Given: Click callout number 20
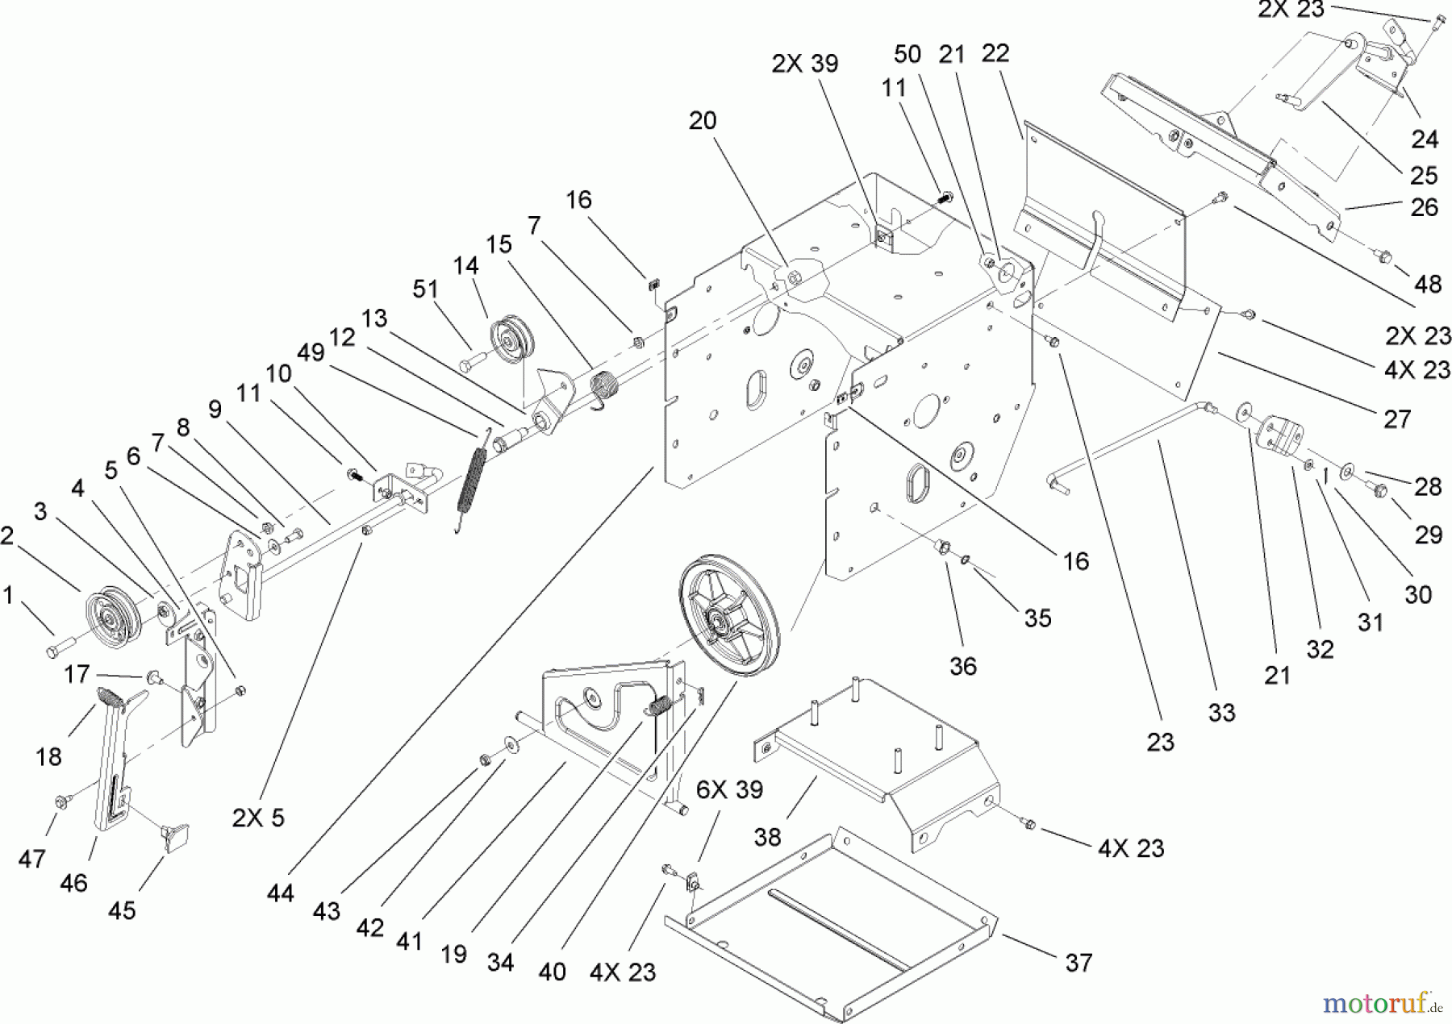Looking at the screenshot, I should coord(702,121).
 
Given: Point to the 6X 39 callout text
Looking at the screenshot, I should coord(729,789).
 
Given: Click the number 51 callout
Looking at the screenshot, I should coord(425,289).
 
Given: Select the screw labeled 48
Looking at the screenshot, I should coord(1383,257).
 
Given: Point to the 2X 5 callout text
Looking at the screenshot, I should coord(258,818).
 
